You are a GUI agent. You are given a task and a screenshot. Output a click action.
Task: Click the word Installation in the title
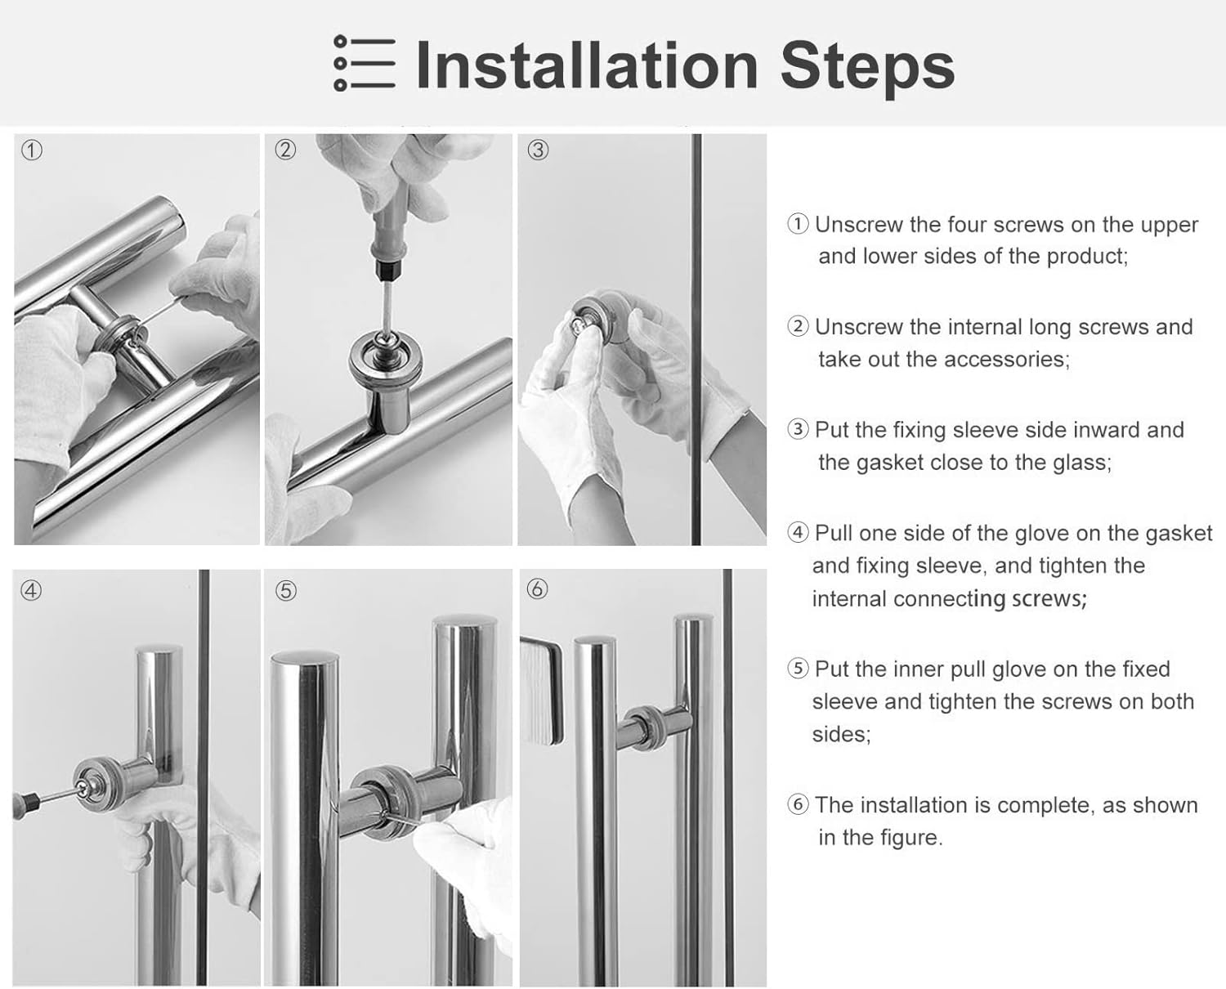588,65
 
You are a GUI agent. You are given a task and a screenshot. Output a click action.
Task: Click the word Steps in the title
867,69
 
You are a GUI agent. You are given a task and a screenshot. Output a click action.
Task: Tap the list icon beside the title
365,63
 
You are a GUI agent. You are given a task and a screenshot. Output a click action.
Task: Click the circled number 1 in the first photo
32,150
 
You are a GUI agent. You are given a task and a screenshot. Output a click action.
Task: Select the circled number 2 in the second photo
285,150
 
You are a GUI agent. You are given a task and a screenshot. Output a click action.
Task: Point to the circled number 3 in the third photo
538,150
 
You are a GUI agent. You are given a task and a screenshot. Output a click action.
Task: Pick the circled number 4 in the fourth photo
31,590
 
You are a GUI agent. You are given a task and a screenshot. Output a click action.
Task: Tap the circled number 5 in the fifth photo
285,591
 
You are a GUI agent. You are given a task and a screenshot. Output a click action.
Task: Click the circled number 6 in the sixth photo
537,589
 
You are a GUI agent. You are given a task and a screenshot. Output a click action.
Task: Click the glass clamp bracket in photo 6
541,691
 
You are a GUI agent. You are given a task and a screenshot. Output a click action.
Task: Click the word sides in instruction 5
842,734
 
